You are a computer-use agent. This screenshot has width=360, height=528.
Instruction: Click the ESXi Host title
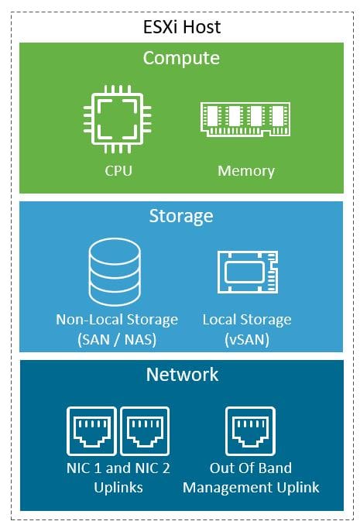coord(182,27)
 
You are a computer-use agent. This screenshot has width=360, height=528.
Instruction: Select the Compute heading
coord(181,58)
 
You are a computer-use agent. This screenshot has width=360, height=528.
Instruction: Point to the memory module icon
coord(245,119)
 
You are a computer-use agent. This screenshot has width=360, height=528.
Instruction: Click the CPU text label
coord(118,170)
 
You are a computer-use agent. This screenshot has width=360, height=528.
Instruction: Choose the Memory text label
coord(246,171)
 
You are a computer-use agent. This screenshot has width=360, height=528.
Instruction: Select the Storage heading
coord(181,216)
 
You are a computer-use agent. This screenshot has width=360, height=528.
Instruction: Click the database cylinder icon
coord(115,272)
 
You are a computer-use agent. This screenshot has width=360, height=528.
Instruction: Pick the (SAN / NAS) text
coord(117,339)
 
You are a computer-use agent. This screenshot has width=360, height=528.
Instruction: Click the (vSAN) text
coord(247,339)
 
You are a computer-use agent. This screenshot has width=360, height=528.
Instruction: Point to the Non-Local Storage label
coord(117,320)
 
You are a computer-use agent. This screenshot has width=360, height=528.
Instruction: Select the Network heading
coord(182,375)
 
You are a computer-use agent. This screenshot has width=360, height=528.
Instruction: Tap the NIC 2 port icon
coord(145,431)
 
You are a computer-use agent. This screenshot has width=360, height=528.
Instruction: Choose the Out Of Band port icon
coord(250,431)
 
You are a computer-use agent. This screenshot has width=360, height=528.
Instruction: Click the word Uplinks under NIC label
coord(118,488)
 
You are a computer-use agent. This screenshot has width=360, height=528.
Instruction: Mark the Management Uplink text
coord(251,488)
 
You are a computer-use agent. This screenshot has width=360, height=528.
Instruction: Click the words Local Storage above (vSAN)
coord(247,320)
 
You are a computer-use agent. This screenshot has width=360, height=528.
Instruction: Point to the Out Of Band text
coord(251,468)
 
